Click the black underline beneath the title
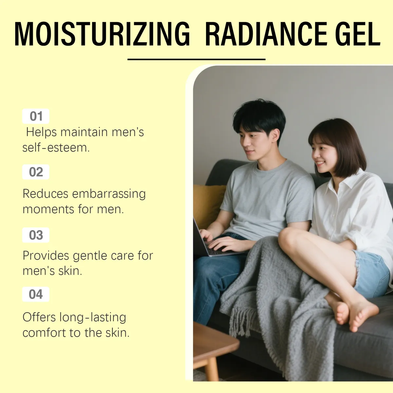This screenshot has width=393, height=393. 196,60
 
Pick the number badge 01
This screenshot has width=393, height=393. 36,116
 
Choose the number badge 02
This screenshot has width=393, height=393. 36,172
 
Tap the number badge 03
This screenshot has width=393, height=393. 36,235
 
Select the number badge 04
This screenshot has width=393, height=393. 36,294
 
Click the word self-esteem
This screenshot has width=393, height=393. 56,148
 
